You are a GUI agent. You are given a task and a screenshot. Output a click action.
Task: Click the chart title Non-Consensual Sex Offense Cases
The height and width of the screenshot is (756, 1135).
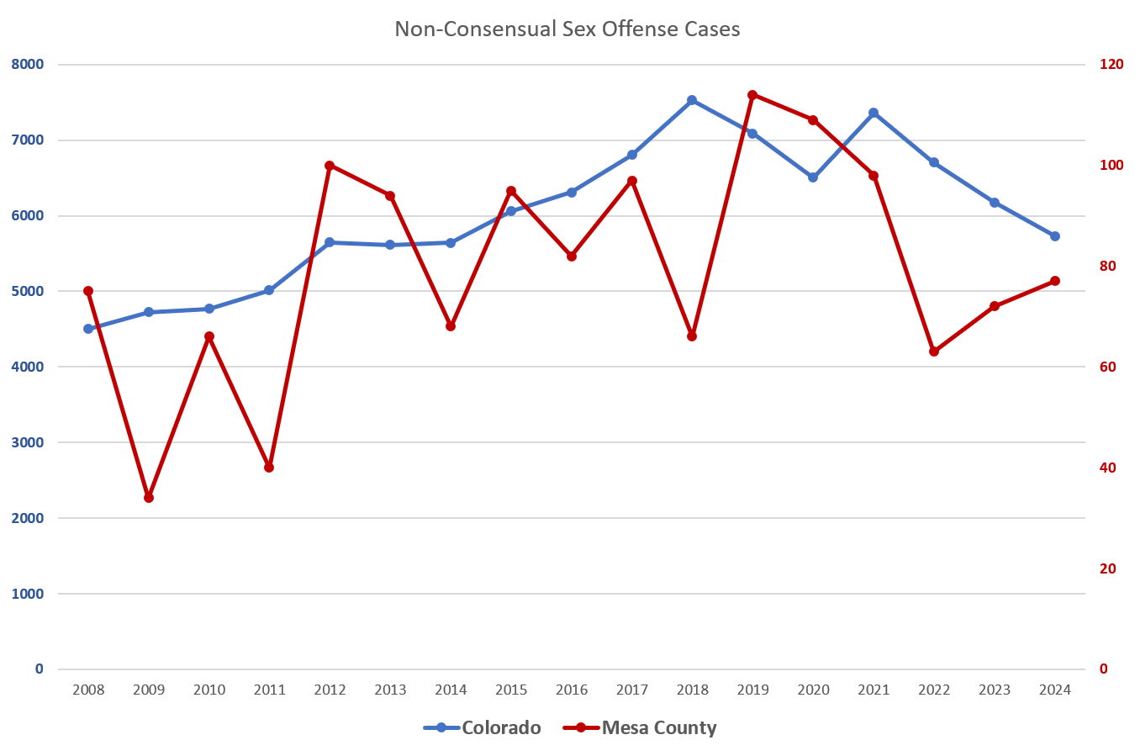click(x=567, y=29)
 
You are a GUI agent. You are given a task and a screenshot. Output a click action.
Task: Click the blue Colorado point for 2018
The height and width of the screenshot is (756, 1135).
click(x=692, y=100)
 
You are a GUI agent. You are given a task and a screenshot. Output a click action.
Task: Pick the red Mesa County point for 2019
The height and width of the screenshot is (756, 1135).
click(x=752, y=95)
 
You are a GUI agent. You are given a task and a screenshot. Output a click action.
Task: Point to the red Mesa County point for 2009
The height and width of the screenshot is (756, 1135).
click(x=149, y=498)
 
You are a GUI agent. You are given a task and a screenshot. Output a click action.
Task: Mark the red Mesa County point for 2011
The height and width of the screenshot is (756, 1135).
click(x=269, y=468)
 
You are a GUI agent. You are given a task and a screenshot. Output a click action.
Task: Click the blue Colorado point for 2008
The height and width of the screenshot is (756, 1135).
click(x=88, y=329)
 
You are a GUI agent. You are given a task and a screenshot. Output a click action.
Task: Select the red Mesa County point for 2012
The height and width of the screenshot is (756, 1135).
click(x=330, y=166)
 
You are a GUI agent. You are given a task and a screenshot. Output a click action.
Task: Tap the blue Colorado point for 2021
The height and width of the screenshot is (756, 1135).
click(x=874, y=113)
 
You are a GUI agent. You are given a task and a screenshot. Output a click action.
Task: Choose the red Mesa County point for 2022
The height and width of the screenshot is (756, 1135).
click(x=934, y=352)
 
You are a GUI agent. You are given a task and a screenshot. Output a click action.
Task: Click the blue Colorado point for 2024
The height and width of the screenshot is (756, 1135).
click(x=1055, y=236)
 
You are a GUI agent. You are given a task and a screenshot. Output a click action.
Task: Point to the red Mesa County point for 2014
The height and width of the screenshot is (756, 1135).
click(x=451, y=326)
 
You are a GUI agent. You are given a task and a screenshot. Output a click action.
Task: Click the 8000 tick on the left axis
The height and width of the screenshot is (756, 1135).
click(x=28, y=65)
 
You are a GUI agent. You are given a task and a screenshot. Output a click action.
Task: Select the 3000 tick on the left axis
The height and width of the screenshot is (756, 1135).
click(x=28, y=442)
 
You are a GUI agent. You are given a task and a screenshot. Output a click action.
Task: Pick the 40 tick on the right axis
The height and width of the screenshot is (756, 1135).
click(x=1108, y=468)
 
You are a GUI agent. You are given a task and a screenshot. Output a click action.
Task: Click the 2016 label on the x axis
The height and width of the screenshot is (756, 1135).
click(x=572, y=690)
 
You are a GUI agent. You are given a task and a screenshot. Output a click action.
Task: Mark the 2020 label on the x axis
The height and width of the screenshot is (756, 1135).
click(x=813, y=690)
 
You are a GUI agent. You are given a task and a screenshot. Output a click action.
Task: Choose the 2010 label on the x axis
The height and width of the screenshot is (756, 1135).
click(x=209, y=690)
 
